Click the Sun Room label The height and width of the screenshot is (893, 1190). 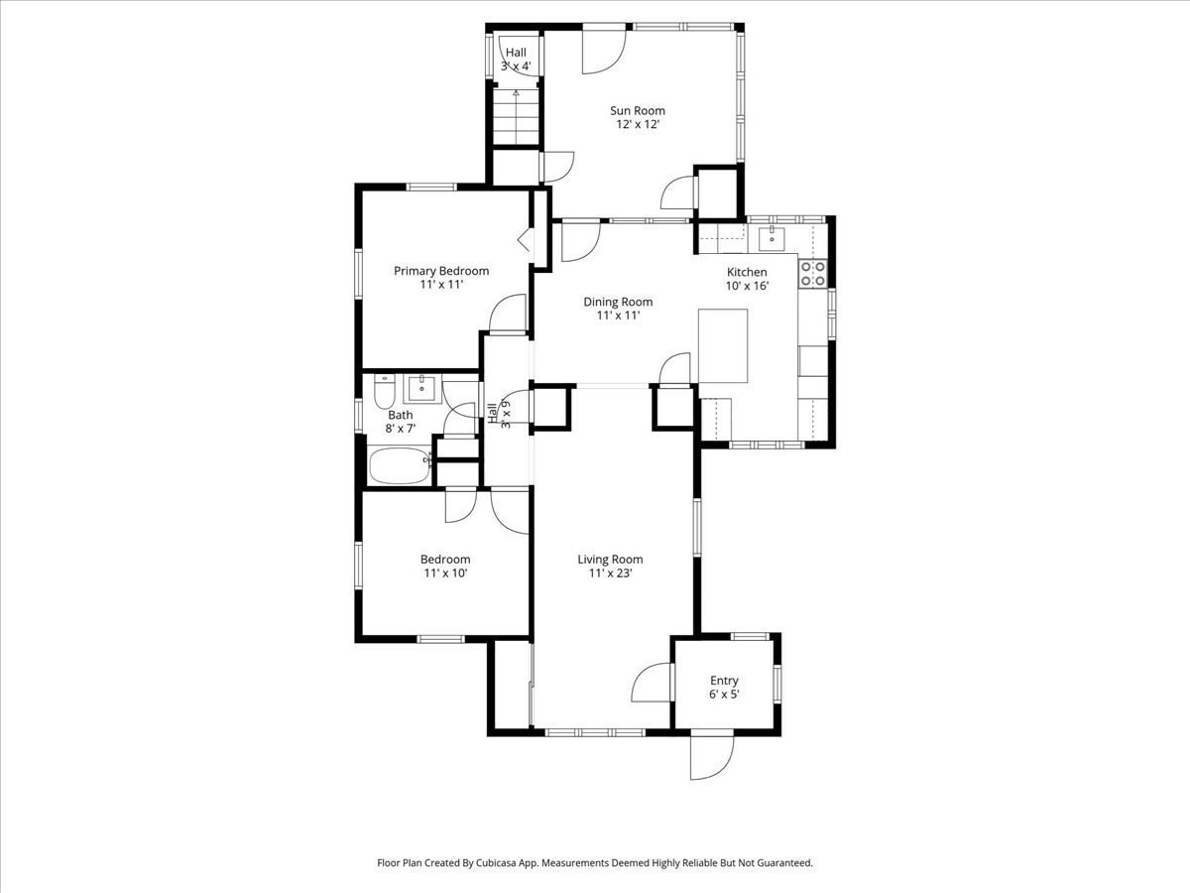point(637,111)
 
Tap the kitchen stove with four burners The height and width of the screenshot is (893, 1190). point(813,273)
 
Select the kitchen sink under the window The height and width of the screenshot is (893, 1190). point(773,238)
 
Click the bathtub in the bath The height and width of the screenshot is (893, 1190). point(399,465)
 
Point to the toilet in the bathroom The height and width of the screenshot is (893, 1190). point(385,393)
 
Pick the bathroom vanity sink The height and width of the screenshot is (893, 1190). point(422,387)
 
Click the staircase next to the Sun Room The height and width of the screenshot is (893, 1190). point(515,116)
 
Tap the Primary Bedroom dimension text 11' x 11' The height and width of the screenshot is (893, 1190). point(441,285)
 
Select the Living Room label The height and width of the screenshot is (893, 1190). point(610,560)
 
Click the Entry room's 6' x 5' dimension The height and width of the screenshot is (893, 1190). point(724,695)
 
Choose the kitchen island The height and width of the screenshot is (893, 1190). point(723,345)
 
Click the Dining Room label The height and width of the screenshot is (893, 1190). point(618,303)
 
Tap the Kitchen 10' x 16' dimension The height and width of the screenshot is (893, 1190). point(747,286)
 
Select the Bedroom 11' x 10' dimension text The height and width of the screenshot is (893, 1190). point(444,574)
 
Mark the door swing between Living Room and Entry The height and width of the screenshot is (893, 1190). point(652,683)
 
